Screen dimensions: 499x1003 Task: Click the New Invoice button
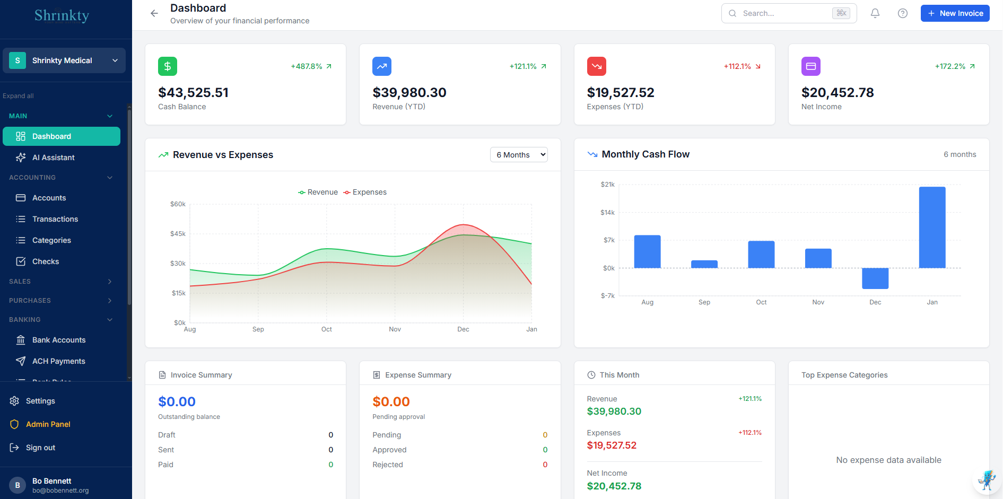(955, 13)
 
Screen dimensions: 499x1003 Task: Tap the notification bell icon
(875, 13)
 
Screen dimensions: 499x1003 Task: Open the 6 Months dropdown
(519, 155)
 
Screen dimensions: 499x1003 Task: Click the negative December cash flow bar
(875, 278)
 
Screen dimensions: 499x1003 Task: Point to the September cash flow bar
(704, 264)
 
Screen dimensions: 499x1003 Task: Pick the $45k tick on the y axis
(178, 234)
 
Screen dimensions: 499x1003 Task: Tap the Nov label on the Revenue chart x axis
(395, 329)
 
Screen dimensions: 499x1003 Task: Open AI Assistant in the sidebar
(53, 157)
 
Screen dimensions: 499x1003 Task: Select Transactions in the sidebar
(55, 219)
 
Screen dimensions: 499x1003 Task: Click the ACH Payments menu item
(58, 361)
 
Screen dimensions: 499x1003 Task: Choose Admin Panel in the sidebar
(48, 424)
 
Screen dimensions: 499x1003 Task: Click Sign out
(40, 448)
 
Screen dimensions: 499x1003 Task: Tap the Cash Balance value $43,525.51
(193, 93)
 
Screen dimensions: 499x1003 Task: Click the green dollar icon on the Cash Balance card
(168, 66)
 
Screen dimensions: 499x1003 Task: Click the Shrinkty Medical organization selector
(64, 60)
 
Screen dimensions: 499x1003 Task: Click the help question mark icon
(902, 13)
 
